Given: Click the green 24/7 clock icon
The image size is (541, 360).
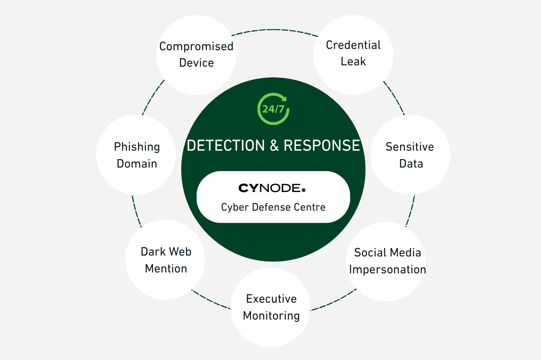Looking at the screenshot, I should [273, 108].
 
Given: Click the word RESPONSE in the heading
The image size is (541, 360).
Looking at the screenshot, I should [322, 145].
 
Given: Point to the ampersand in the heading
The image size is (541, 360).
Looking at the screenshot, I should [274, 145].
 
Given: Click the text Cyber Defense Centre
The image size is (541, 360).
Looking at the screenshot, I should [273, 207].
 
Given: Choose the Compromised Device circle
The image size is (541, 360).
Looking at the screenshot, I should [196, 54].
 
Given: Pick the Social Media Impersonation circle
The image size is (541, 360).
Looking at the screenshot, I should [386, 261].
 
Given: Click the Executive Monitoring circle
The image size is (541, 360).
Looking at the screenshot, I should [271, 307].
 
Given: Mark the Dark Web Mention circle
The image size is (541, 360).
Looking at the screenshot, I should [166, 260].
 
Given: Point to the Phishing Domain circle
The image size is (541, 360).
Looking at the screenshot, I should [136, 155].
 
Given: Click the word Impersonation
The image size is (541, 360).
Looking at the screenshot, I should [387, 270].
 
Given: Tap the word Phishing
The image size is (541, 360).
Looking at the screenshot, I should [137, 147].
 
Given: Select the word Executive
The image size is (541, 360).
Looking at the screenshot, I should [271, 299].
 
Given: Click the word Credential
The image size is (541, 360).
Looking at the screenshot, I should [353, 45].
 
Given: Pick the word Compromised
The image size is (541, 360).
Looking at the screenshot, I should [196, 46].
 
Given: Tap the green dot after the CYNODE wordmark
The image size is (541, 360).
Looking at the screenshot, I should [303, 190].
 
